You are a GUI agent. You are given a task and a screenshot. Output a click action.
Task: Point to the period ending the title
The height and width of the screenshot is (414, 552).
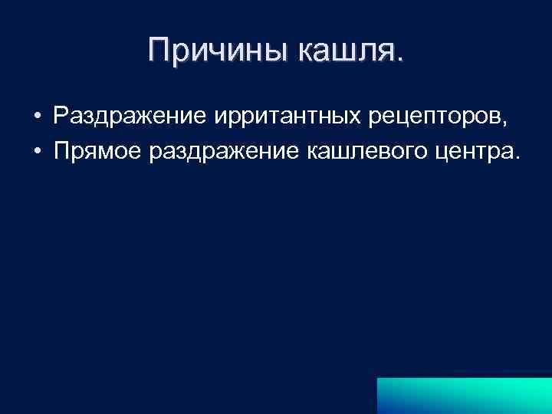coord(398,61)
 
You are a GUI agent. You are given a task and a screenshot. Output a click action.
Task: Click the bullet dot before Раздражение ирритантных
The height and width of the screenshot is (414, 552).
coord(36,117)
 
